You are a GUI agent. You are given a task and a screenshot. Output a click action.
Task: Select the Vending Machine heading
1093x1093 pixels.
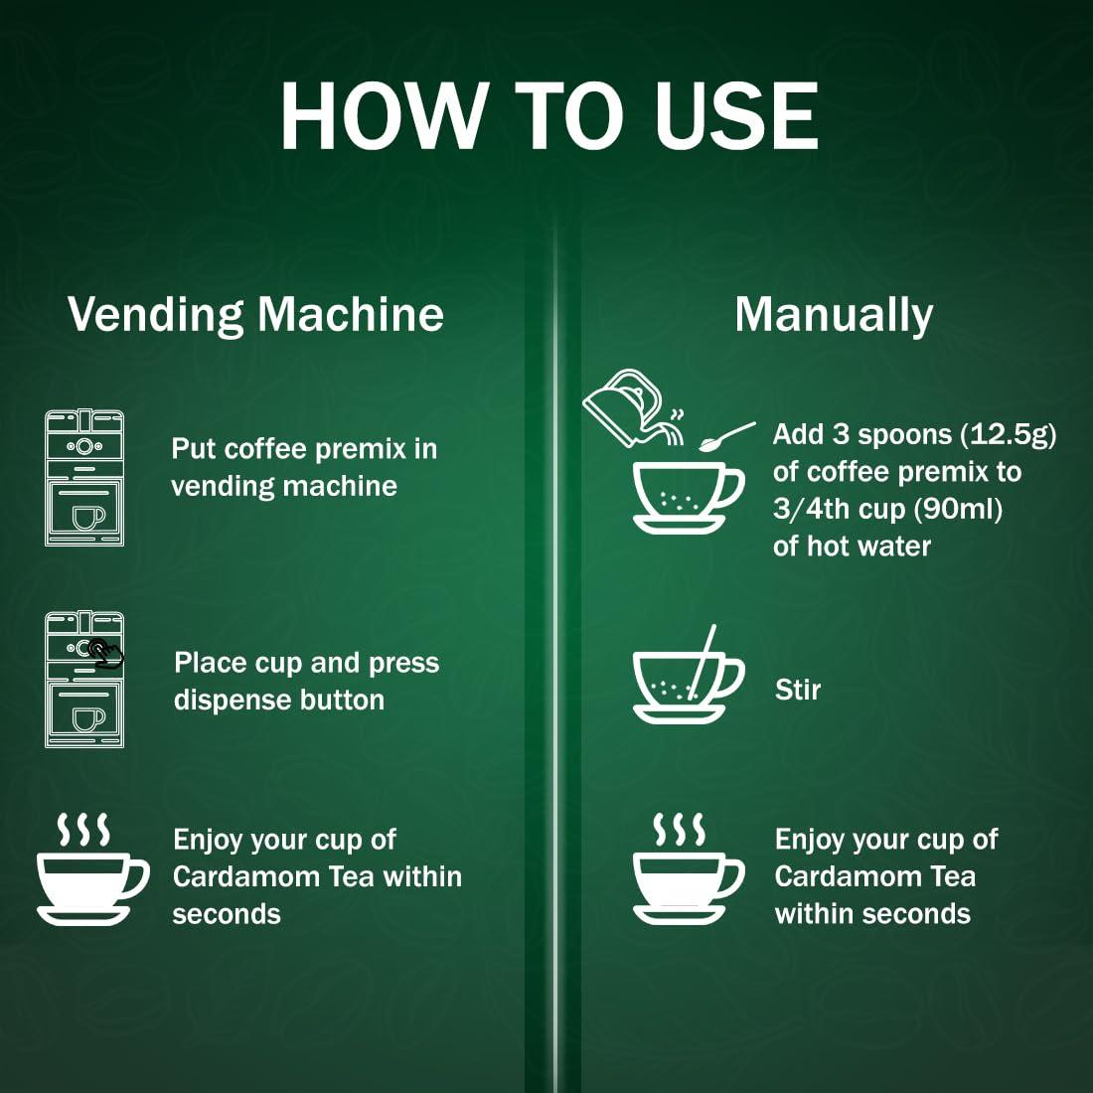pyautogui.click(x=255, y=314)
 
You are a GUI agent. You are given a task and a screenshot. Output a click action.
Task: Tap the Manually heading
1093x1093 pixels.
pyautogui.click(x=833, y=314)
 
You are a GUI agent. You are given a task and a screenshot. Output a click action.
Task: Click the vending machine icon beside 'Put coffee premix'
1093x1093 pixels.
pyautogui.click(x=84, y=478)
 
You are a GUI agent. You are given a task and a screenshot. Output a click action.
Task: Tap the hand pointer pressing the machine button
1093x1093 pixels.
pyautogui.click(x=106, y=653)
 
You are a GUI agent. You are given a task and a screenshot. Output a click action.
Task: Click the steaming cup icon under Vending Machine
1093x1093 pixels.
pyautogui.click(x=89, y=869)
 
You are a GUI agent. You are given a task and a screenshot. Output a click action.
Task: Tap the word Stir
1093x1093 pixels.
pyautogui.click(x=797, y=689)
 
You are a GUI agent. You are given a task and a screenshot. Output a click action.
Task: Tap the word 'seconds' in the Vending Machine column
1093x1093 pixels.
pyautogui.click(x=227, y=913)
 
